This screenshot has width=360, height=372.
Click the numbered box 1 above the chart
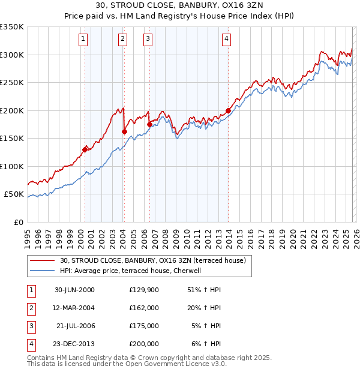83,40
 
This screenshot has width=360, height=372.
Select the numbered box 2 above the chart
122,40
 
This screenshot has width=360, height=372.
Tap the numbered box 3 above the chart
148,40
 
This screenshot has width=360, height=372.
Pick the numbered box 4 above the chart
227,40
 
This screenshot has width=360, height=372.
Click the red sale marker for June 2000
85,149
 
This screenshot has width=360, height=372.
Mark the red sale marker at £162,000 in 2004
124,131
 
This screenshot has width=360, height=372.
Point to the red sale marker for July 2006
149,124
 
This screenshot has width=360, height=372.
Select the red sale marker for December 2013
229,110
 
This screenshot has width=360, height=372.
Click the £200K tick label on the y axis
11,110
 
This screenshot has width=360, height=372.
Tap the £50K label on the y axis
13,194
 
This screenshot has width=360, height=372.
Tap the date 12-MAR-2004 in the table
74,308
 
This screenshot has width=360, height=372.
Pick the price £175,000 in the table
143,326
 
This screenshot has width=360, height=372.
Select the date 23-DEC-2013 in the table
74,344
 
